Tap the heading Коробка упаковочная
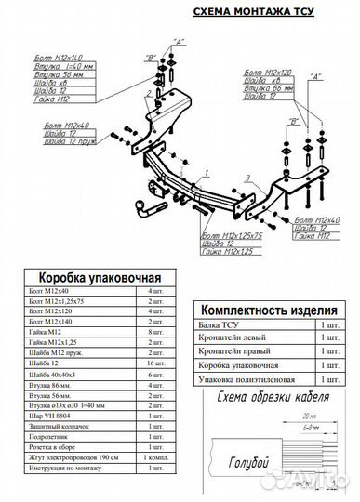[x=99, y=277]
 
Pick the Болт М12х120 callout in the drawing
[x=269, y=72]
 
